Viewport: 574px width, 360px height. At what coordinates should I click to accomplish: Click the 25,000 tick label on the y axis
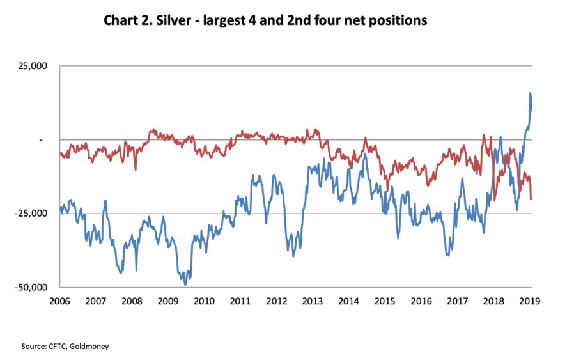(x=38, y=67)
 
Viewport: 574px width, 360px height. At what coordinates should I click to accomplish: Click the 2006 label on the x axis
(x=59, y=301)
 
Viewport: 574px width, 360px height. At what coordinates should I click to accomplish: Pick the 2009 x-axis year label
(x=167, y=301)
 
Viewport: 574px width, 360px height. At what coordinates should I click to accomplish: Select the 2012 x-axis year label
(x=276, y=301)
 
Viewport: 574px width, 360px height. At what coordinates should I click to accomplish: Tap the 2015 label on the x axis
(x=385, y=301)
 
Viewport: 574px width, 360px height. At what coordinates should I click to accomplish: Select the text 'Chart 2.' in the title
(x=126, y=21)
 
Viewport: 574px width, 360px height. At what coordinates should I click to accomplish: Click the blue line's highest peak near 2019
(x=530, y=93)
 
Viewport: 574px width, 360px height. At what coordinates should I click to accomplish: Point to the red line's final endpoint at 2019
(x=531, y=200)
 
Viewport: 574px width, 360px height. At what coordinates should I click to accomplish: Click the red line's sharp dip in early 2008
(x=136, y=169)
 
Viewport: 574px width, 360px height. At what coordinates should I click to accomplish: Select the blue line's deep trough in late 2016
(x=447, y=255)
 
